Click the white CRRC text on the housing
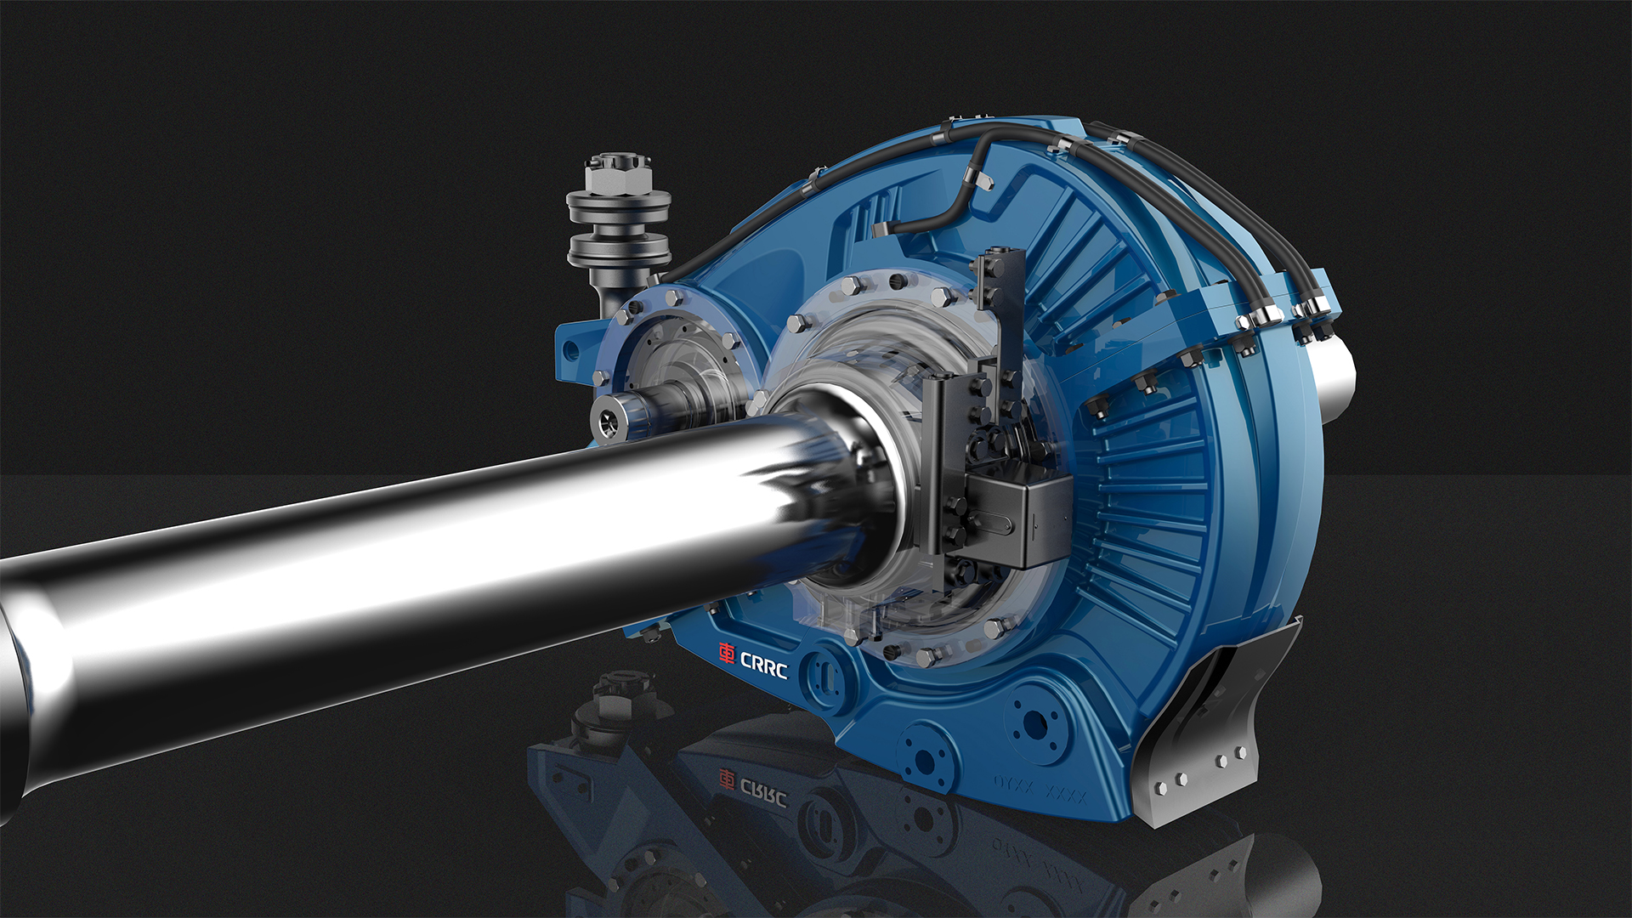pos(764,666)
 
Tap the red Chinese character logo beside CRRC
pos(727,653)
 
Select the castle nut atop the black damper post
pos(619,173)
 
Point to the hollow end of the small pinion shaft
pos(609,422)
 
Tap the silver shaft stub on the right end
pos(1336,374)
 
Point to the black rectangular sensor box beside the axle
pos(1020,518)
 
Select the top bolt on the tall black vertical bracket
pos(998,269)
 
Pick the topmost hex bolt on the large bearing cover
pos(853,284)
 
